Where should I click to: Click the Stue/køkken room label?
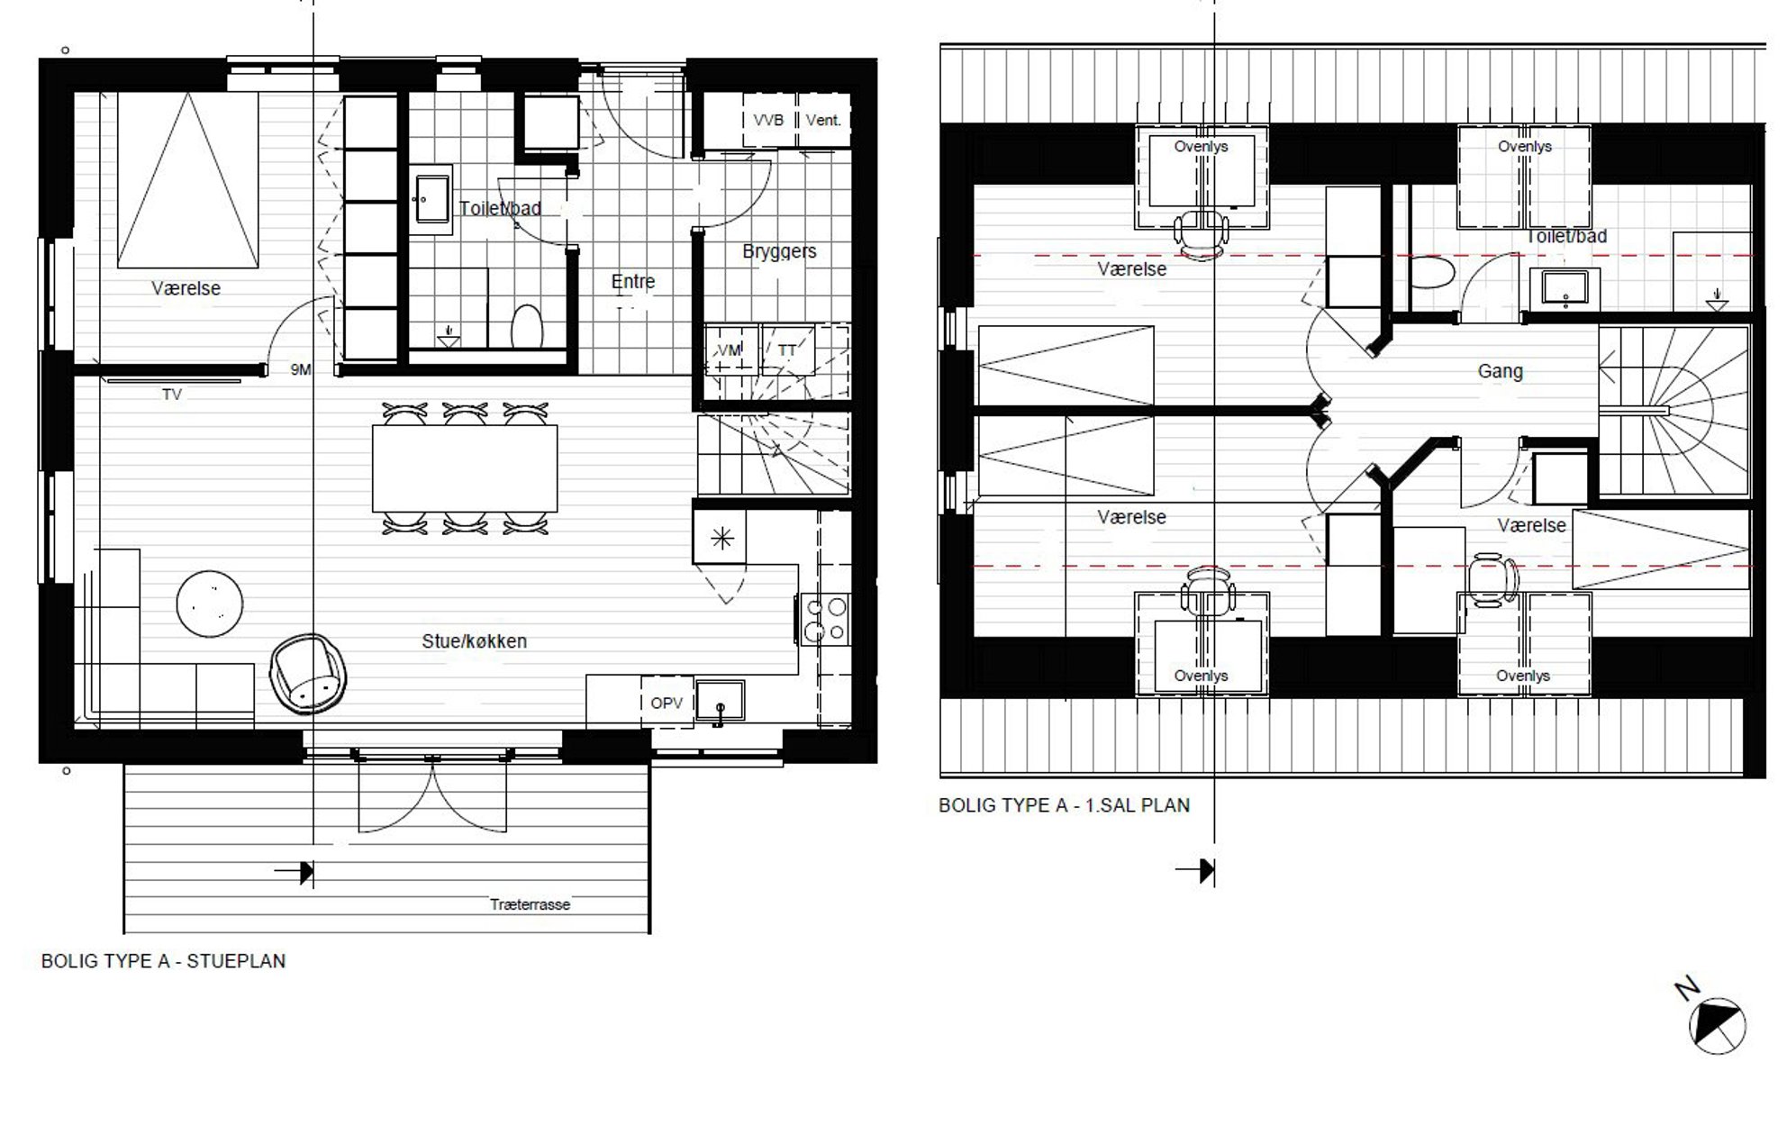pos(475,641)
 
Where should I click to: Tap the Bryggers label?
pos(779,251)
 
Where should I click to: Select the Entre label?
pos(633,282)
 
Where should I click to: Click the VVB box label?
pos(768,120)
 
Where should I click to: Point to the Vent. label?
pos(823,120)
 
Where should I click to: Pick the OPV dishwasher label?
pos(667,704)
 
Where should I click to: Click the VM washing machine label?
pos(730,350)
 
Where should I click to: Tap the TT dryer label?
pos(787,350)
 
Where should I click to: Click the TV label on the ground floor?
pos(171,395)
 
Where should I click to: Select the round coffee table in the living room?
pos(210,604)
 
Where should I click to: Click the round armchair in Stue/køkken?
pos(308,673)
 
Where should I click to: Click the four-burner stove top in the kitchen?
pos(825,619)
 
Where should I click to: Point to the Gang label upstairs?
pos(1501,371)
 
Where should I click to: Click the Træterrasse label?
pos(530,904)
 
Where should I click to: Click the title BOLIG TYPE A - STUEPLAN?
pos(163,961)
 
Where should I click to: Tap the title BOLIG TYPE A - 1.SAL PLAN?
pos(1064,805)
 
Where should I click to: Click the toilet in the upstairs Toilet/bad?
pos(1432,274)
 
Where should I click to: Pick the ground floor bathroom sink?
pos(431,199)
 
